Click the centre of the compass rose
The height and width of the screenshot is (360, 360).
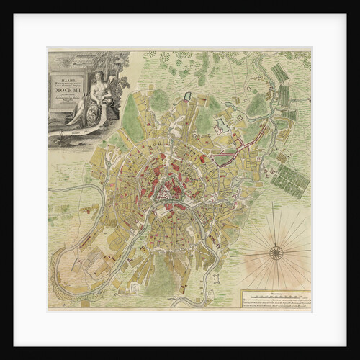pos(276,252)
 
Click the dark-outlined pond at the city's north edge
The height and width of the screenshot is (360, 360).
pos(187,96)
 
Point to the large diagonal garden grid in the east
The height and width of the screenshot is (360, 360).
pos(291,180)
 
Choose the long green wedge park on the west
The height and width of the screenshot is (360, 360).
pos(130,119)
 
